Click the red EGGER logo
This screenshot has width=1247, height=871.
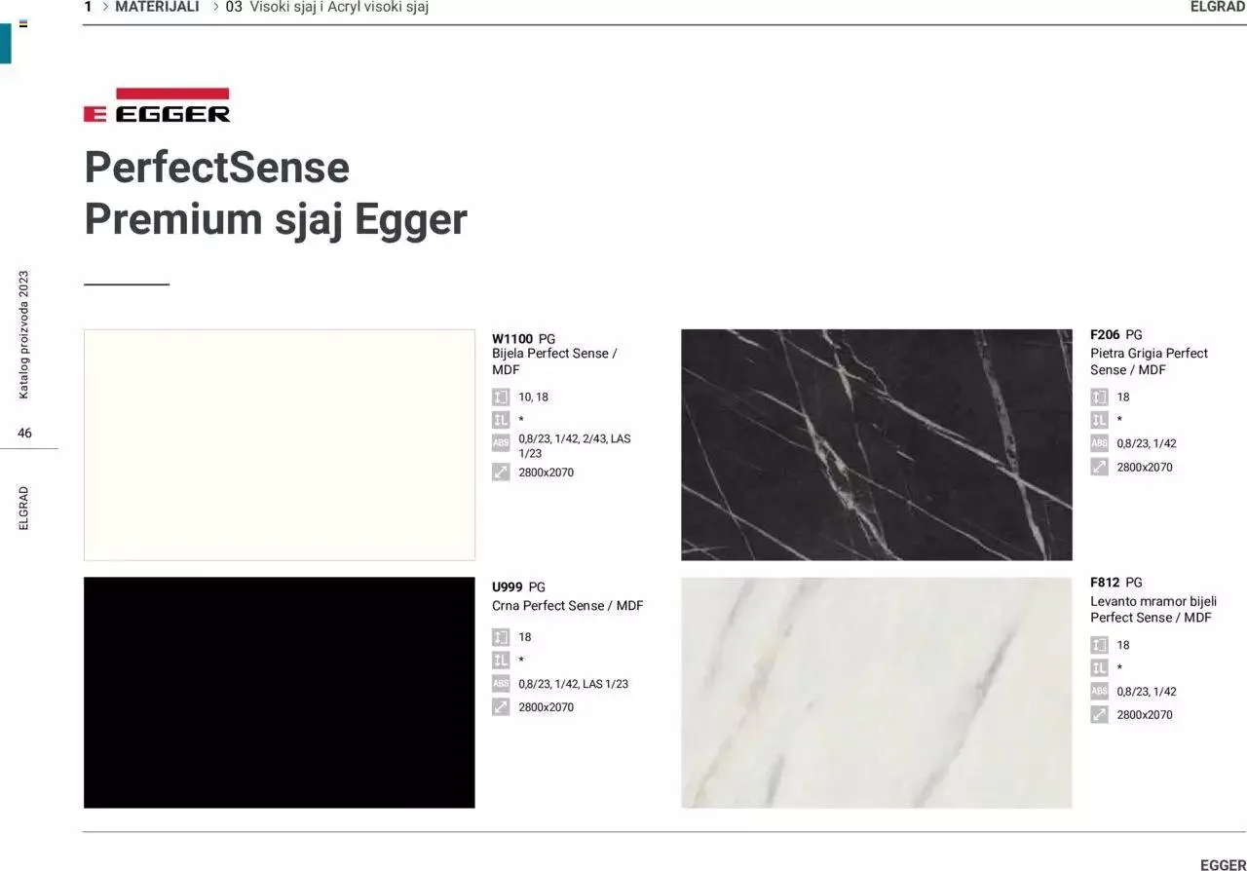coord(157,105)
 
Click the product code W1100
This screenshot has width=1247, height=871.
coord(512,339)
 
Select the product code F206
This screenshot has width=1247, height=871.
coord(1105,335)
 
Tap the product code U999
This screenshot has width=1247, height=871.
coord(508,587)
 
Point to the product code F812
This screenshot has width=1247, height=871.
coord(1105,583)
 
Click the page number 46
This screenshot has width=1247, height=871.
coord(24,433)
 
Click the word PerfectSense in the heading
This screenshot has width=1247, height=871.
coord(217,167)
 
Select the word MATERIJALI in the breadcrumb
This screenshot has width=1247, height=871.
coord(157,7)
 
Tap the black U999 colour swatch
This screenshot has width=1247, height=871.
coord(280,693)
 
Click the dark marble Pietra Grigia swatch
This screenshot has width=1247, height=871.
coord(877,444)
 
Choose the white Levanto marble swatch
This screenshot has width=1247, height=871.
coord(877,693)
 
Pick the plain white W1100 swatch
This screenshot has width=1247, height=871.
coord(280,444)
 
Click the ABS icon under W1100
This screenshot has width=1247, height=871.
coord(501,442)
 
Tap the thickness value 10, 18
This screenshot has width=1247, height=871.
coord(533,398)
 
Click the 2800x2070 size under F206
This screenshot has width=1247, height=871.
coord(1145,468)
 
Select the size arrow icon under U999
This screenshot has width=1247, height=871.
coord(501,706)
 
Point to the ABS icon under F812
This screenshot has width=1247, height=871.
coord(1099,691)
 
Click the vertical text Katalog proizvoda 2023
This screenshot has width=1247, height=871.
coord(23,335)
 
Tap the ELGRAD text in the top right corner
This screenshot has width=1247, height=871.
coord(1218,7)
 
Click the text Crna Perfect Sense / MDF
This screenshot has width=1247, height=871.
coord(567,605)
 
